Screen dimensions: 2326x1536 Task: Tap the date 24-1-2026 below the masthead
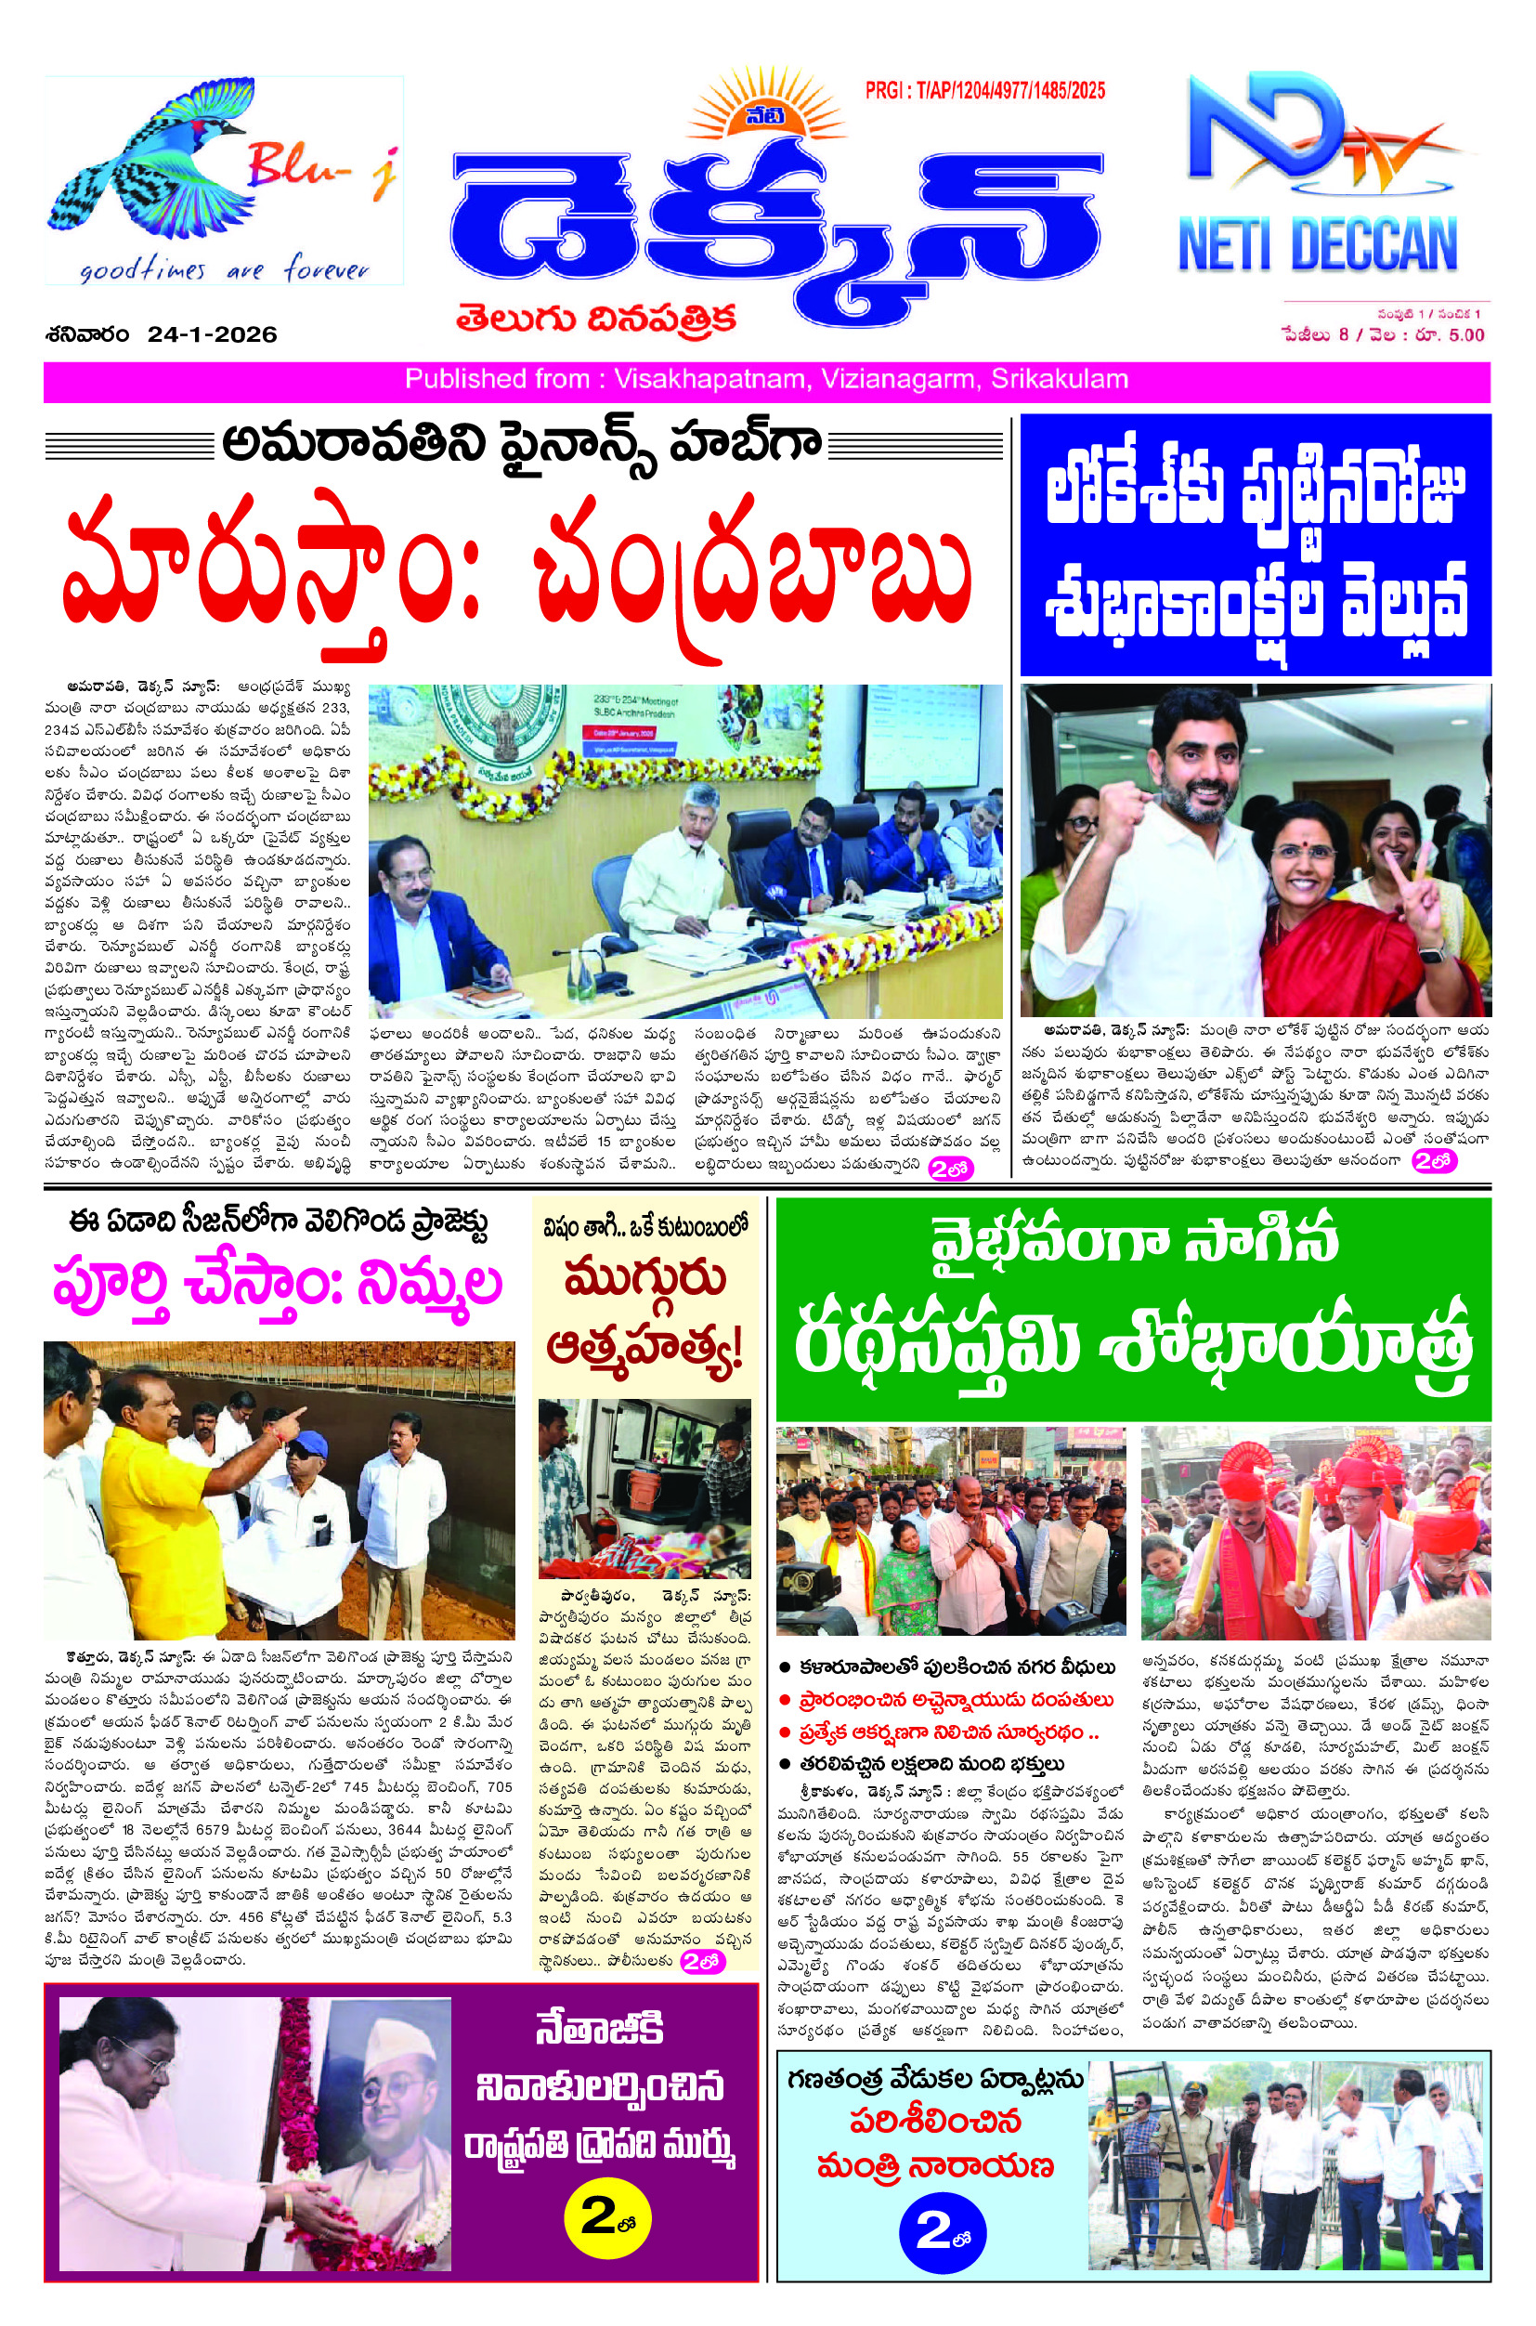(x=213, y=335)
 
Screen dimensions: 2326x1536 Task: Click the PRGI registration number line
(x=984, y=91)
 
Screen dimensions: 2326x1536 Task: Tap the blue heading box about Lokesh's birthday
(x=1255, y=544)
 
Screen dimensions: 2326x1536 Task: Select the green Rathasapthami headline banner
(x=1132, y=1309)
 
